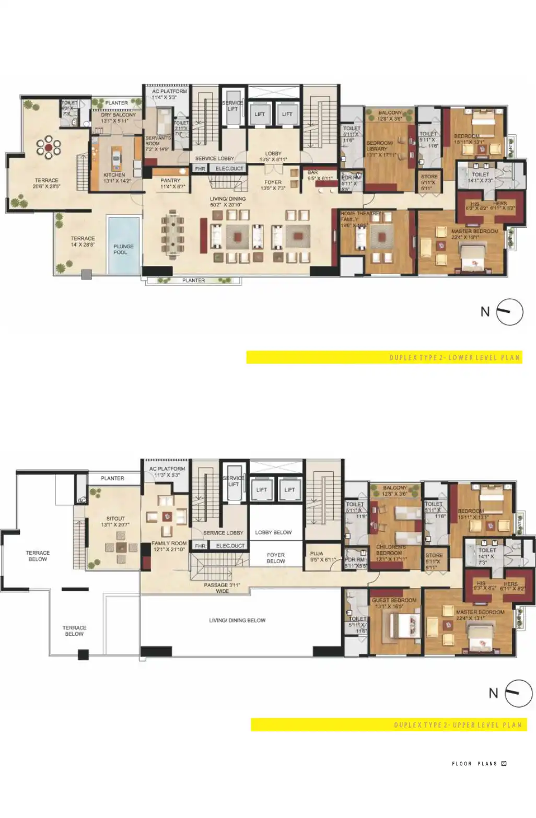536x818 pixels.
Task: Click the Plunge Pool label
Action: point(123,249)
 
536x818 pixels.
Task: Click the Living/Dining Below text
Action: point(237,621)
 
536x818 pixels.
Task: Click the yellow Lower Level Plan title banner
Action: point(384,358)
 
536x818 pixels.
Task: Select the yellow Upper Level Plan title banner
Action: point(389,725)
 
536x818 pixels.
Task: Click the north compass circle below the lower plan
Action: point(509,312)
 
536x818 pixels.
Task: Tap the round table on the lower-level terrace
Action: point(48,147)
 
